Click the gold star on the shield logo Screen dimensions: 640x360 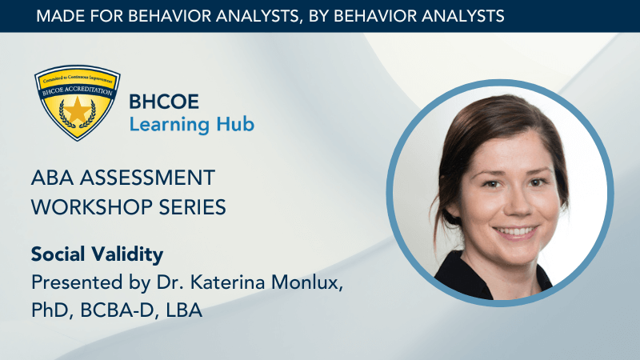point(77,110)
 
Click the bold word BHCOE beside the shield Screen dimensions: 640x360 point(164,102)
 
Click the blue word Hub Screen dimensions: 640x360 point(235,124)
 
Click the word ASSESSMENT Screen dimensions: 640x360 point(147,178)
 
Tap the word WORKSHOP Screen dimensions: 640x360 point(91,207)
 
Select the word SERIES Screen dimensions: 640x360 point(192,207)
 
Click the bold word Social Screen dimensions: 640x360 point(58,254)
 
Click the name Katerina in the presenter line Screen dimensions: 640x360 point(228,282)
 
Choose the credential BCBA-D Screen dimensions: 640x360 point(118,310)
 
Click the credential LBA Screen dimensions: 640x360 point(184,310)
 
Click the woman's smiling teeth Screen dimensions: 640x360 point(515,232)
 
